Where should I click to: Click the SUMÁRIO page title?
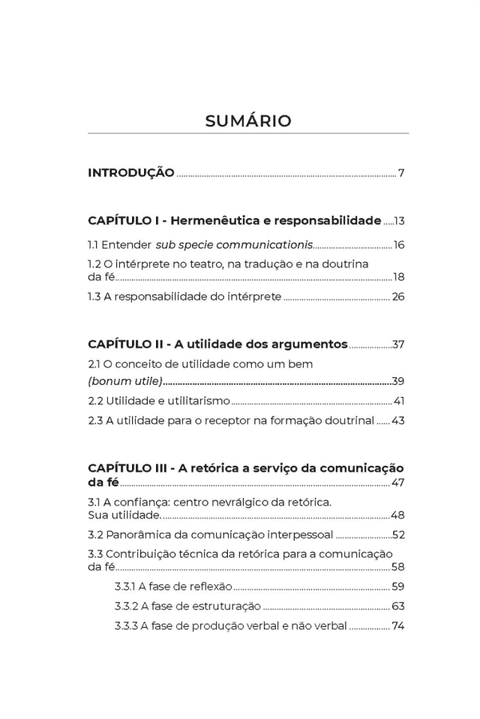pos(247,121)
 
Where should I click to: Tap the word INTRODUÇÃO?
pos(131,173)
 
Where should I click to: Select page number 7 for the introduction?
pos(401,174)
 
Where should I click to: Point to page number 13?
pos(399,222)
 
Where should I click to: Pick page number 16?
pos(399,245)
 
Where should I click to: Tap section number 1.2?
pos(94,264)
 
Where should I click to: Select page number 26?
pos(398,297)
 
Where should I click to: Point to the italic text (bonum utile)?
pos(126,381)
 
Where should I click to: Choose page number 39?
pos(398,381)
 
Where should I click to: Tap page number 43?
pos(398,421)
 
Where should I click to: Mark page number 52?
pos(398,535)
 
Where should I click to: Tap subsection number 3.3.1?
pos(125,586)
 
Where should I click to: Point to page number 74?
pos(398,625)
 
